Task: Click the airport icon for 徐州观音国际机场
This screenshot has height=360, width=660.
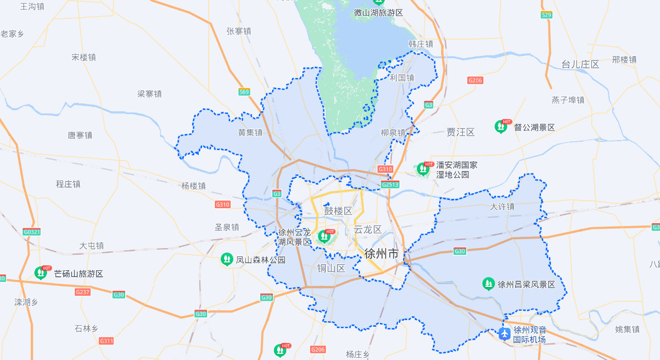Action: [x=504, y=334]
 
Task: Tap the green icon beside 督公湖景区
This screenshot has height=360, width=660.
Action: [x=501, y=127]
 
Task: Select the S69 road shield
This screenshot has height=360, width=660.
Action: [x=244, y=92]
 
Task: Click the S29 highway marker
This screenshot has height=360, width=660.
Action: [x=546, y=15]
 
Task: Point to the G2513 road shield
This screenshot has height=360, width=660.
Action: [x=390, y=184]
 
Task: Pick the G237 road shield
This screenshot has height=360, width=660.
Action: [x=82, y=292]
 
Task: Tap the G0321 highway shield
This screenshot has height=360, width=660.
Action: [x=32, y=232]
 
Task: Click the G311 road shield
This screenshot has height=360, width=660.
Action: [x=106, y=341]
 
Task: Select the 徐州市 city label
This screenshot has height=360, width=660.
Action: [x=381, y=254]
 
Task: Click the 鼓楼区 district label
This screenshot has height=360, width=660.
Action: [x=338, y=211]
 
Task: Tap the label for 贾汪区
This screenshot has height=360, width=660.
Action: [x=461, y=132]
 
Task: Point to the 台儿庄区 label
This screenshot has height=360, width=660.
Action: [x=580, y=64]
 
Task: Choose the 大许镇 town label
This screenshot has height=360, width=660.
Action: [x=502, y=207]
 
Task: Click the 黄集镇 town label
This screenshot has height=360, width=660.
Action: [x=250, y=132]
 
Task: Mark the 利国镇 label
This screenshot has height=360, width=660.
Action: [x=402, y=78]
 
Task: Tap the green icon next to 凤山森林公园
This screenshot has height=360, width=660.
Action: [x=226, y=259]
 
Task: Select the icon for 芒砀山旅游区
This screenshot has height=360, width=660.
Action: [x=41, y=273]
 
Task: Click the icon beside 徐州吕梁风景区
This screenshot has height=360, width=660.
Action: [x=488, y=284]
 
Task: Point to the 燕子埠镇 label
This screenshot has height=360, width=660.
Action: [x=568, y=100]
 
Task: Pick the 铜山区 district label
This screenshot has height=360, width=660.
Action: [x=331, y=269]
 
